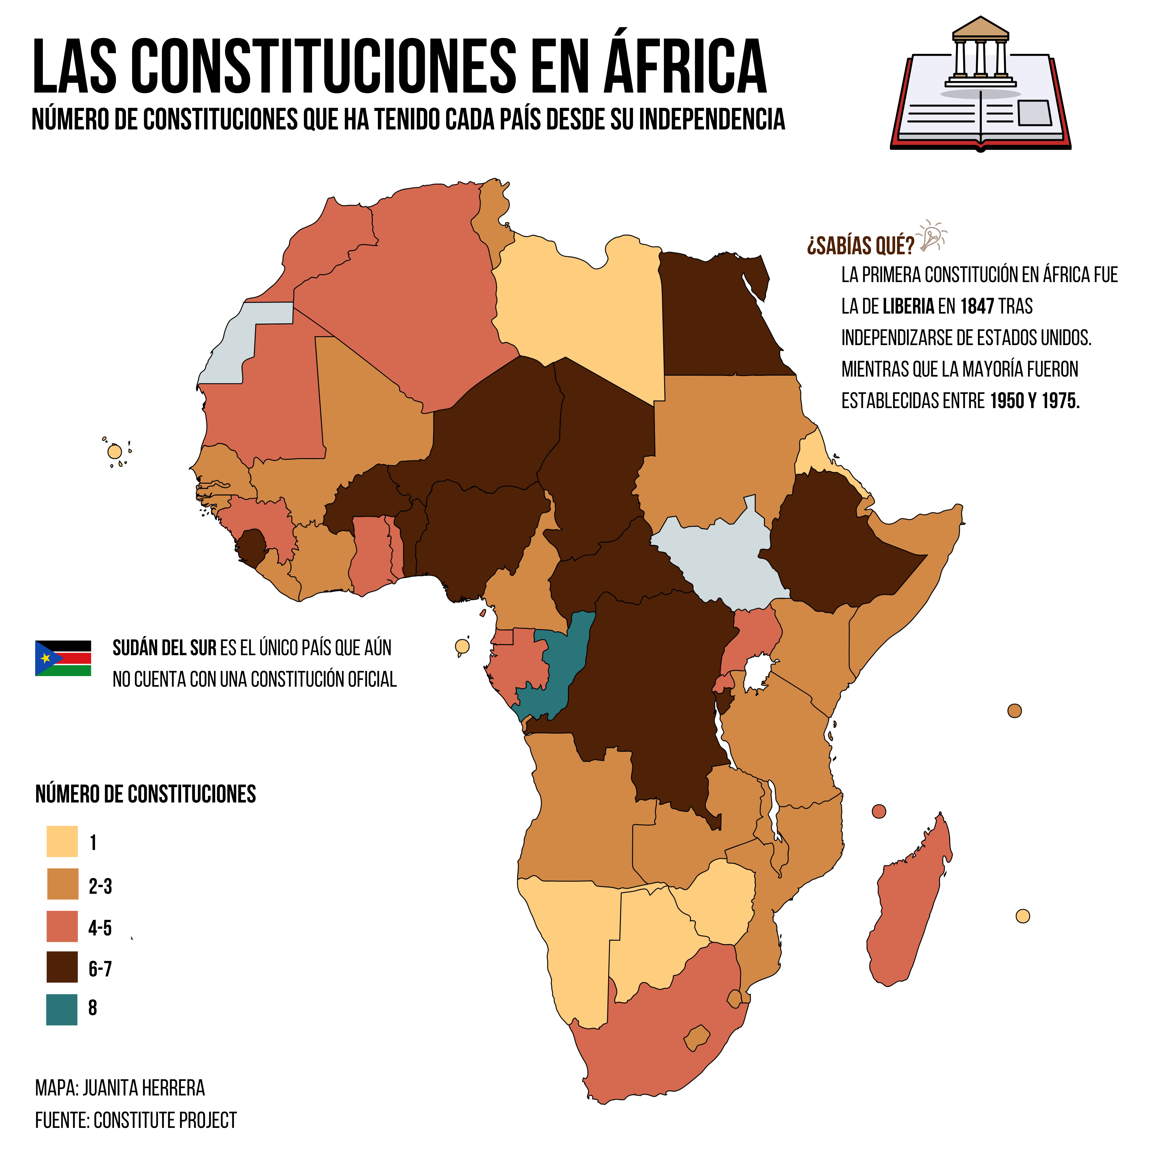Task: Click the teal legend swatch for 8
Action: tap(62, 1009)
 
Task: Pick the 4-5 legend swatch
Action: tap(62, 926)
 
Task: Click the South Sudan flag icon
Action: tap(63, 658)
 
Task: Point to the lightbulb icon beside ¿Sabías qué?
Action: tap(931, 236)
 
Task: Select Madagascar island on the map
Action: tap(910, 899)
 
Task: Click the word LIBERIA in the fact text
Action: tap(908, 307)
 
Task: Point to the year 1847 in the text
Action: tap(977, 307)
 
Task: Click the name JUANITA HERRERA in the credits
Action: tap(144, 1088)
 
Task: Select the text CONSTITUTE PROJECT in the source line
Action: tap(165, 1120)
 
